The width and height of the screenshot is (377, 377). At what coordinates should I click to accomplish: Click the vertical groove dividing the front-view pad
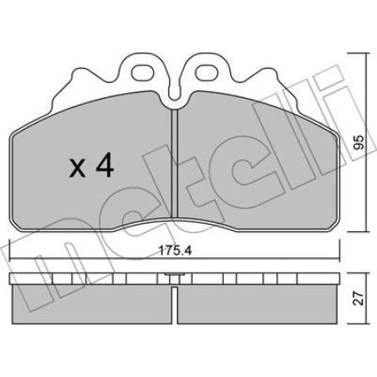[174, 168]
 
